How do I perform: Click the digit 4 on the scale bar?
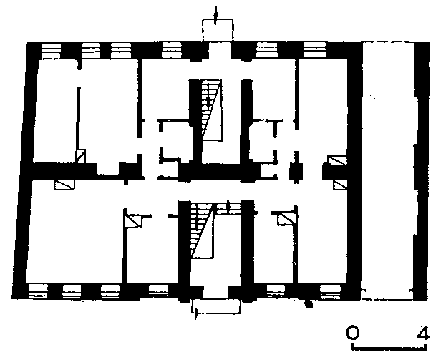click(423, 333)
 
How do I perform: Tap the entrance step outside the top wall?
click(218, 30)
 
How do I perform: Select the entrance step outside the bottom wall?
click(216, 306)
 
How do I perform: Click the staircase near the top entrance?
click(212, 110)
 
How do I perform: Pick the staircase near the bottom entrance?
click(202, 230)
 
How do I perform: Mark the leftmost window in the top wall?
click(51, 51)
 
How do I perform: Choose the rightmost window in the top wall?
click(315, 50)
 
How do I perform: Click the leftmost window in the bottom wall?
click(38, 291)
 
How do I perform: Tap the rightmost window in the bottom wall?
click(331, 291)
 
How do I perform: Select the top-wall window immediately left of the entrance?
click(172, 50)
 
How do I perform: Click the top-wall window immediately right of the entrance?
click(267, 50)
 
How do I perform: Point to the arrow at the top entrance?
click(215, 16)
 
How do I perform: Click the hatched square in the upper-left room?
click(81, 156)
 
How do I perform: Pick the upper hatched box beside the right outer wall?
click(337, 161)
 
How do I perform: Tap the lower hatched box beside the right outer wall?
click(340, 185)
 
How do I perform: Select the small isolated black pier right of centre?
click(296, 171)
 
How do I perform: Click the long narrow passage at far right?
click(388, 171)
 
